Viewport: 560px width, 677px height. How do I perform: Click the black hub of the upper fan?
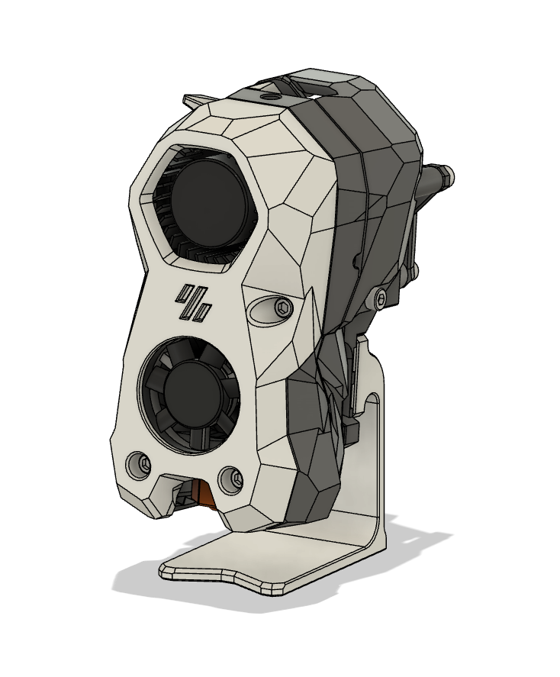click(x=211, y=200)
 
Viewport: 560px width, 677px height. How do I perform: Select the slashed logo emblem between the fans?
click(x=194, y=302)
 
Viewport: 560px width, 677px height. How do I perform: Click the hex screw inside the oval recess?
click(x=284, y=308)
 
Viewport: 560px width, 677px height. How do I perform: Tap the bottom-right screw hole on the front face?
click(x=231, y=479)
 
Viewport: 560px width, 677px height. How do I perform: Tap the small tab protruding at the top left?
click(x=194, y=100)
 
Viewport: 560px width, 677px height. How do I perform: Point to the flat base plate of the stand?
click(x=252, y=563)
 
